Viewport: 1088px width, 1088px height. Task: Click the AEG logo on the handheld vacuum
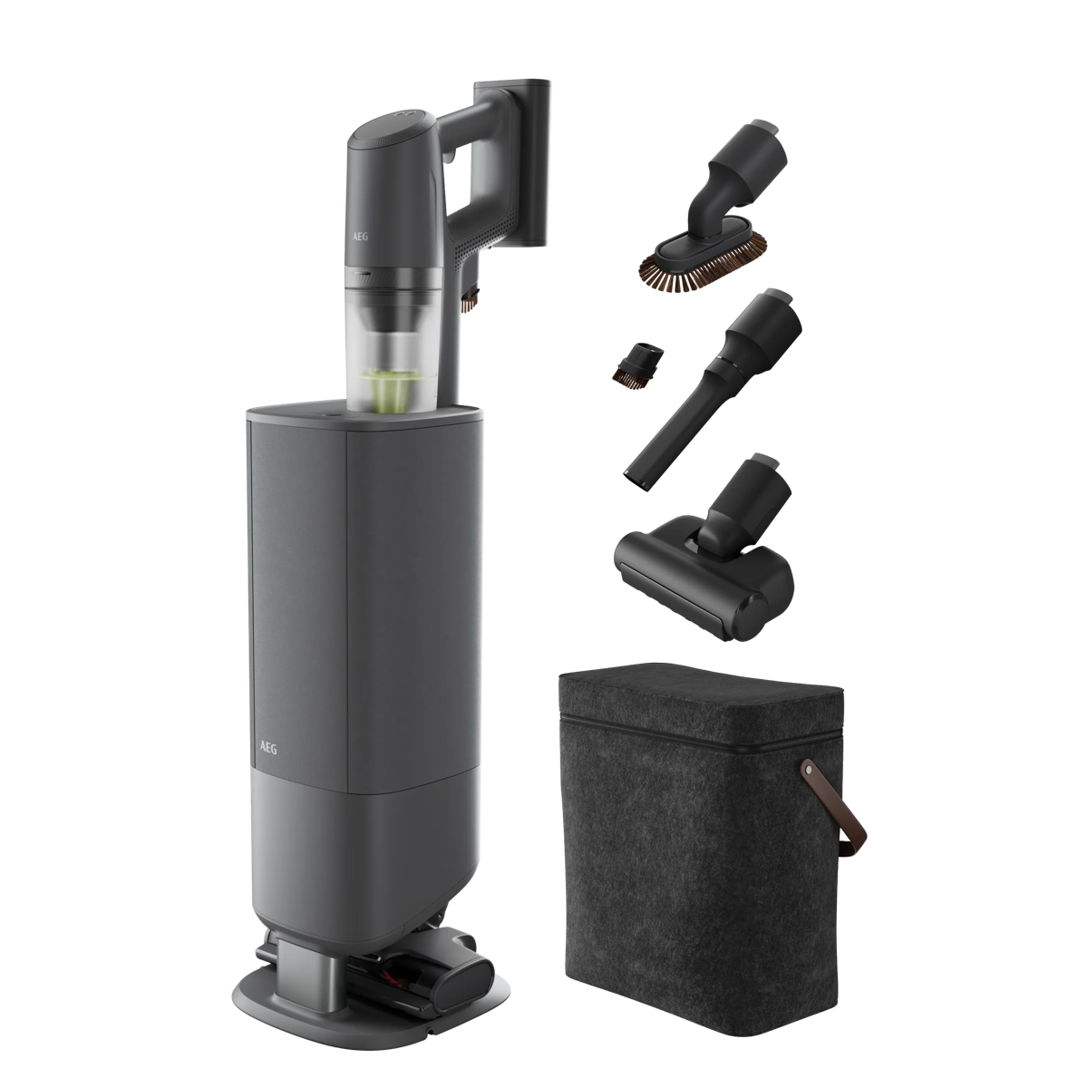click(x=360, y=237)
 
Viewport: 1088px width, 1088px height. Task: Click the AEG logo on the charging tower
click(x=268, y=748)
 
